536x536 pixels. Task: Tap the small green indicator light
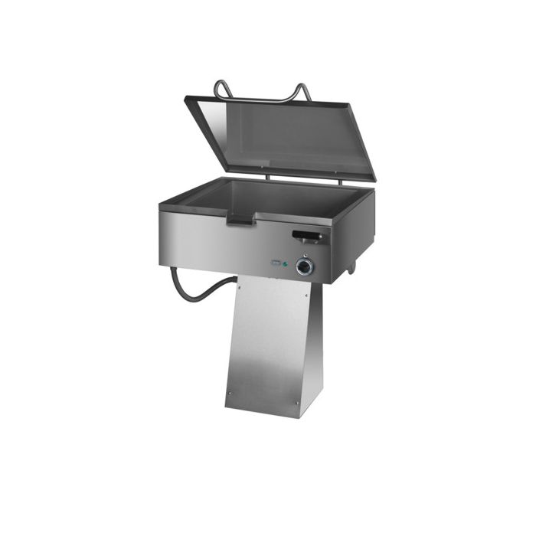[x=286, y=264]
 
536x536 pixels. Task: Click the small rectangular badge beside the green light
[x=276, y=263]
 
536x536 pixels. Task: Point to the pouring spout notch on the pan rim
[x=239, y=220]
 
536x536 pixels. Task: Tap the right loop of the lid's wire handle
[x=302, y=92]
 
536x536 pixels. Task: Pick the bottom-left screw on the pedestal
[x=228, y=395]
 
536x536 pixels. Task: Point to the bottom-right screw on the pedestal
[x=297, y=403]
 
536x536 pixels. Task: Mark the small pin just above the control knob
[x=306, y=254]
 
